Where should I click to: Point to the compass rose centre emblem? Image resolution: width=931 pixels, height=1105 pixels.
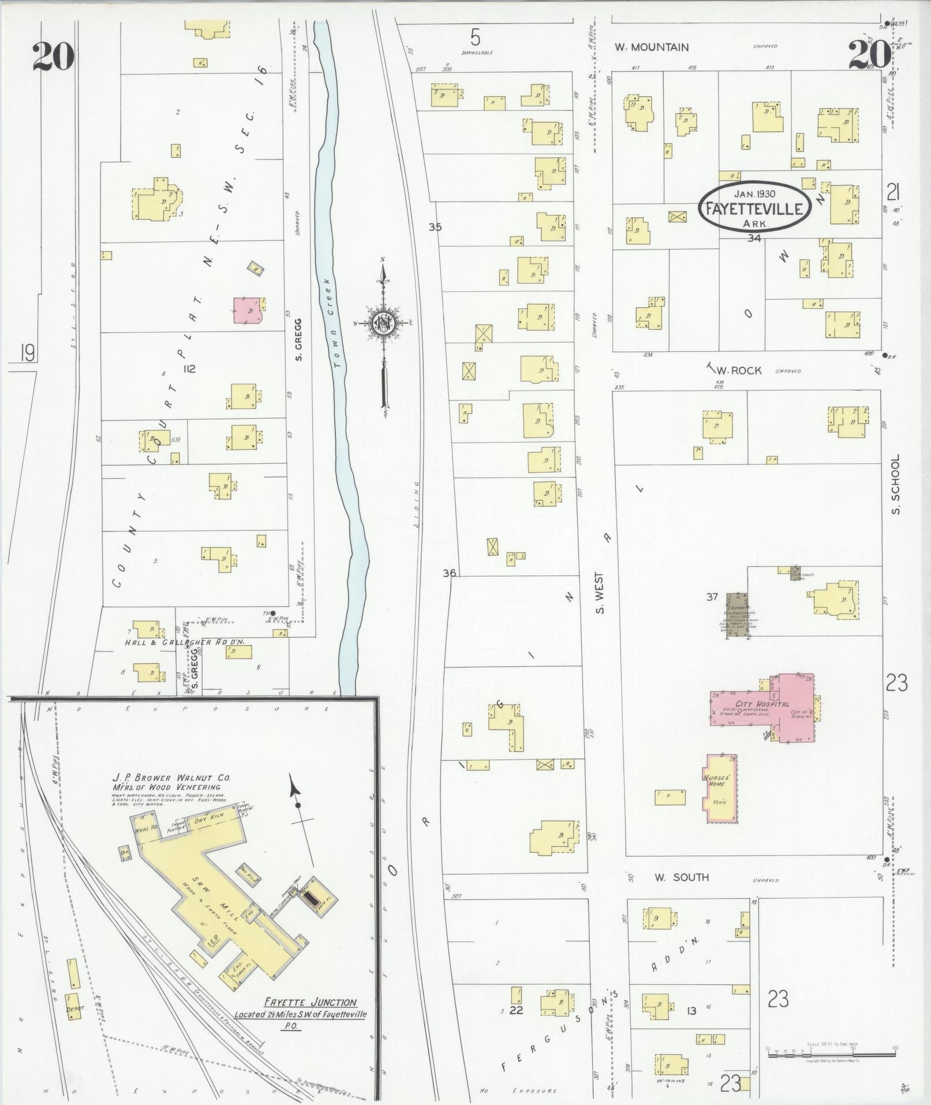(382, 322)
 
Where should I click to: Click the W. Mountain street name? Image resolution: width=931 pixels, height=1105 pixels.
(651, 47)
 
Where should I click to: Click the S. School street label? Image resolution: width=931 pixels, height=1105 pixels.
(895, 483)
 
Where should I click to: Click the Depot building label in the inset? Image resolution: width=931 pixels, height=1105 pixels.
(74, 1009)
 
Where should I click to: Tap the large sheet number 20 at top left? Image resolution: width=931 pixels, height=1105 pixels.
(53, 57)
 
